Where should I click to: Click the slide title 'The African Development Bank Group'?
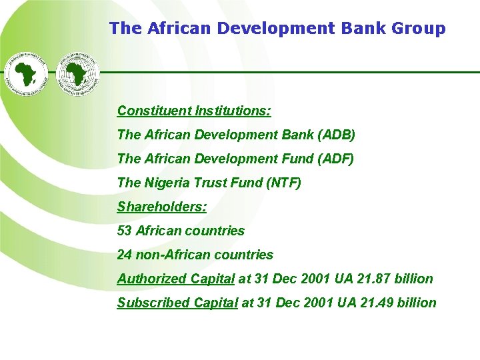(277, 28)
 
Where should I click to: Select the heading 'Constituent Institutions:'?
(194, 111)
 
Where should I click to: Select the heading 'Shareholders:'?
(162, 207)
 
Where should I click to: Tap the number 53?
(125, 231)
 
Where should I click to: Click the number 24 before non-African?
(125, 255)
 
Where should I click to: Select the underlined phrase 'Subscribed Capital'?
(177, 303)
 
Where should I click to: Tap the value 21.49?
(374, 303)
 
